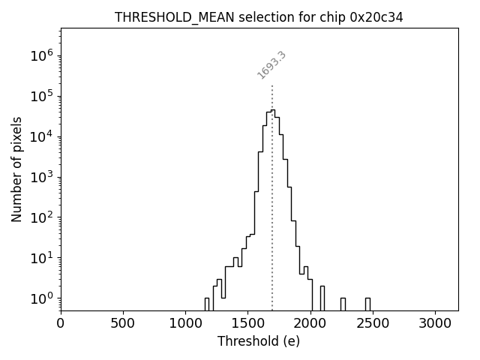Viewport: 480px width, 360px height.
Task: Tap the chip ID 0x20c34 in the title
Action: (x=376, y=17)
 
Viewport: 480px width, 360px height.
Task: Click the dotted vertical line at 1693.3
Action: (x=271, y=187)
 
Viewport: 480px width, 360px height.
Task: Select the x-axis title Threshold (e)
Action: (x=259, y=341)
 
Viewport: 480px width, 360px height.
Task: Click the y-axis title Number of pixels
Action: (x=16, y=169)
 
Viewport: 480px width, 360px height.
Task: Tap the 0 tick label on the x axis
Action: (x=61, y=323)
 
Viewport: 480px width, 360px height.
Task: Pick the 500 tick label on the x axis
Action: (x=123, y=323)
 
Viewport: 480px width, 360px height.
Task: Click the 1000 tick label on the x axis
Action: (x=185, y=323)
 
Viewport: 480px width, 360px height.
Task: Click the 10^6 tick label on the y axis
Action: (x=42, y=55)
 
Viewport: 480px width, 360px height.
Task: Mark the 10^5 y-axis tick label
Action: (x=42, y=96)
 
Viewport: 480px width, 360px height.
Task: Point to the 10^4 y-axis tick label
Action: (x=42, y=136)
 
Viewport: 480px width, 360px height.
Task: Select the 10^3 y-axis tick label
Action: (x=42, y=177)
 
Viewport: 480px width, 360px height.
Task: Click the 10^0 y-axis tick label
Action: (x=42, y=298)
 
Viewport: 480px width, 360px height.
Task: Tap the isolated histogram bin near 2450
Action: (x=367, y=304)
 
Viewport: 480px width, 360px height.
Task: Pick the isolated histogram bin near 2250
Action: (x=343, y=304)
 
